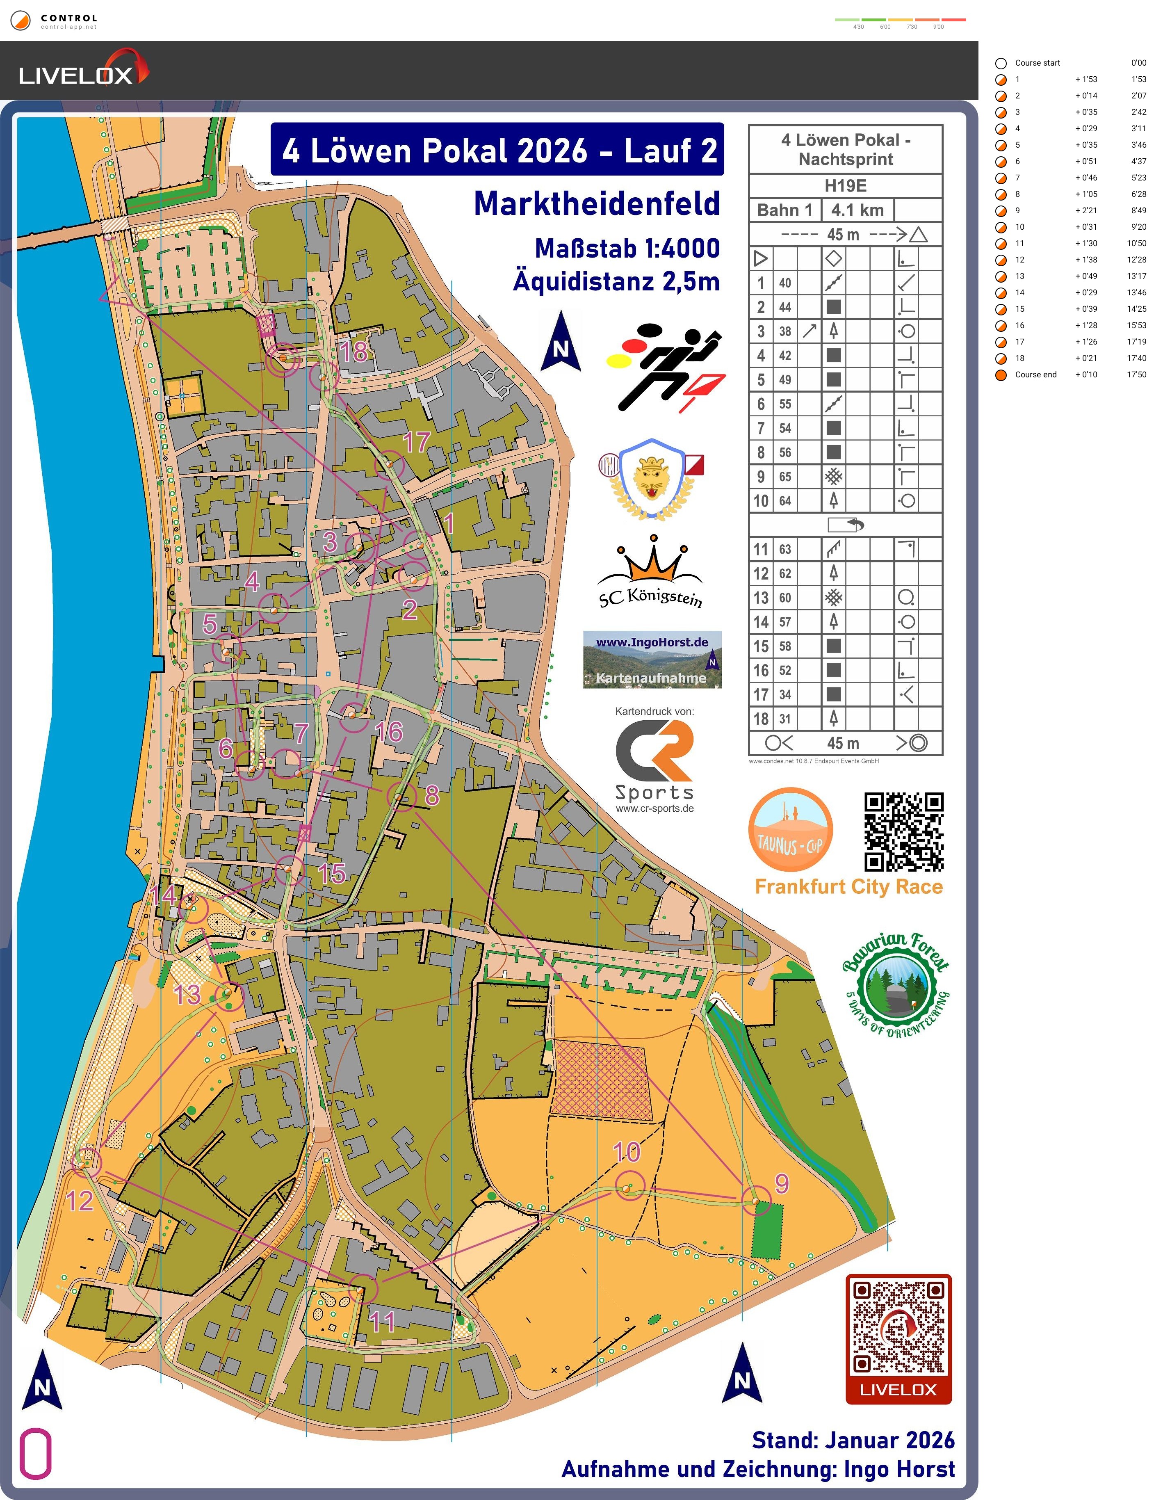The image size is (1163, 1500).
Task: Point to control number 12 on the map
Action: tap(86, 1162)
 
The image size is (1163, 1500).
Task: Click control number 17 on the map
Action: tap(389, 465)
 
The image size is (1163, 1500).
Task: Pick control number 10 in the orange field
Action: tap(629, 1186)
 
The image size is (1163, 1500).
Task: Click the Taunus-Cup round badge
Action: tap(790, 830)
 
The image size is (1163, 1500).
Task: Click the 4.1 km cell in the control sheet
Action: tap(857, 210)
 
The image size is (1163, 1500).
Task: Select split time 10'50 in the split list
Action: tap(1136, 244)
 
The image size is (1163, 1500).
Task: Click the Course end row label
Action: tap(1035, 375)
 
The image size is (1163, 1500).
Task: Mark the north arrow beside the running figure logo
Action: tap(561, 341)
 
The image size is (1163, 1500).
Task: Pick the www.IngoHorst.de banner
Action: tap(652, 659)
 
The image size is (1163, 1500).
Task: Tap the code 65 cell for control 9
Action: tap(785, 477)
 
